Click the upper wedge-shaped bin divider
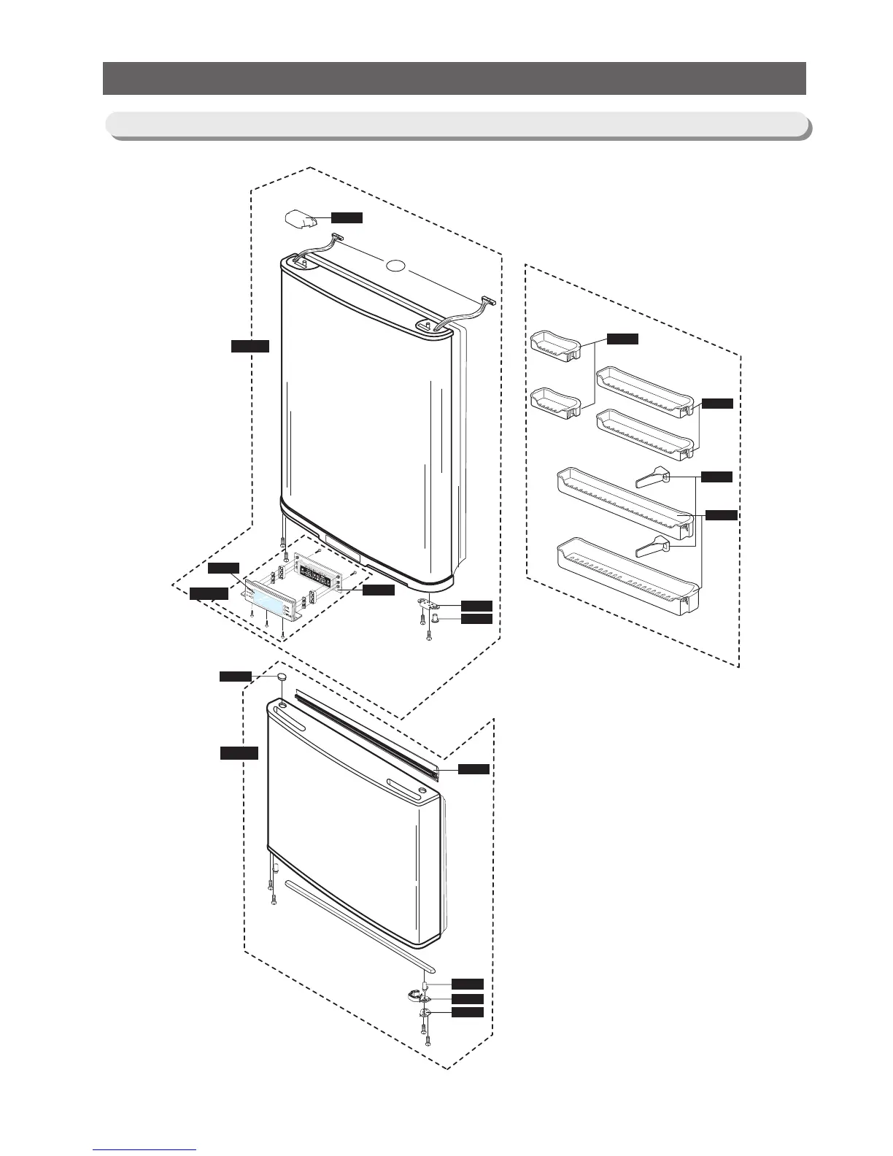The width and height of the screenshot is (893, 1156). pyautogui.click(x=652, y=478)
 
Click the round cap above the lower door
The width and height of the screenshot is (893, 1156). pyautogui.click(x=281, y=679)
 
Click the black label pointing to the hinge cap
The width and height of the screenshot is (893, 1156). pyautogui.click(x=347, y=217)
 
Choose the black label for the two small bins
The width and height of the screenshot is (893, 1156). pyautogui.click(x=623, y=339)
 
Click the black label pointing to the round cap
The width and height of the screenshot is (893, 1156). pyautogui.click(x=236, y=677)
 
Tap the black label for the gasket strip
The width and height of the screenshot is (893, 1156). pyautogui.click(x=473, y=768)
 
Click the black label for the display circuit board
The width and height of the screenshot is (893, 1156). pyautogui.click(x=379, y=590)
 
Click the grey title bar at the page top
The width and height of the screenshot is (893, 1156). pyautogui.click(x=454, y=79)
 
